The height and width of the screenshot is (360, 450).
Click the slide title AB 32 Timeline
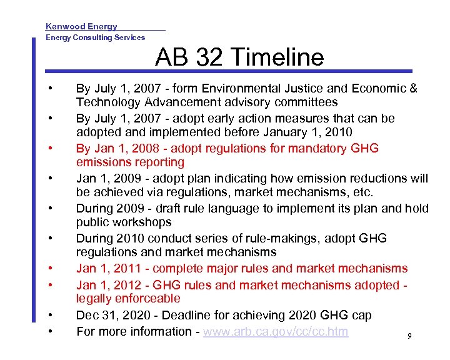tap(239, 57)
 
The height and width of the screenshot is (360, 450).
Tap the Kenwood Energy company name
tap(81, 26)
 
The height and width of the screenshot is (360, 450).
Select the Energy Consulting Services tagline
tap(95, 37)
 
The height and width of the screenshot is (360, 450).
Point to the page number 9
tap(409, 337)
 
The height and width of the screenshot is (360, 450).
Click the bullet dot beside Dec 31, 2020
tap(57, 314)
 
